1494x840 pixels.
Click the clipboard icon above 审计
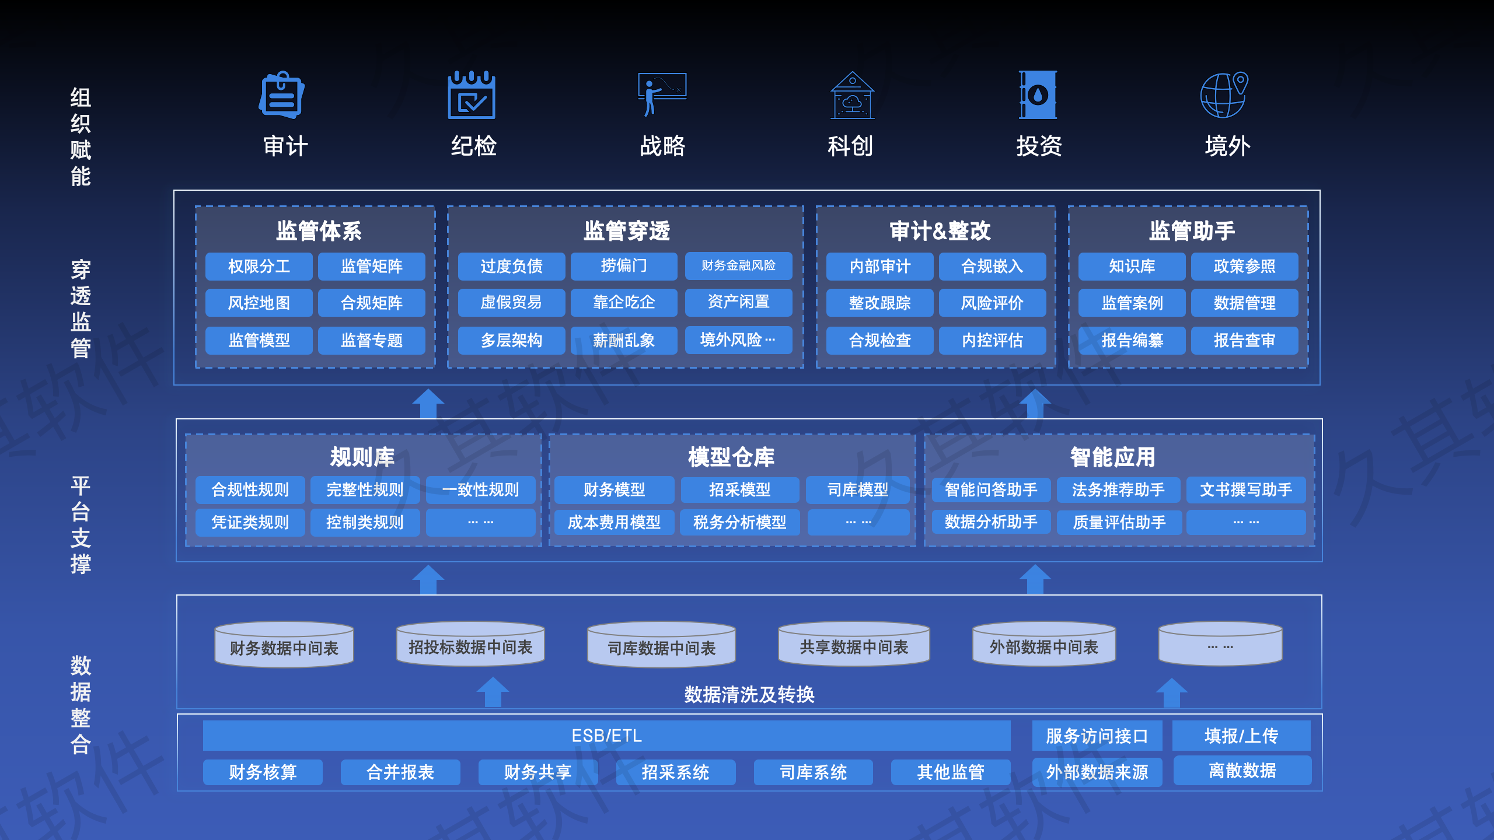click(282, 94)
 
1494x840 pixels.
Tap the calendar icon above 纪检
click(472, 94)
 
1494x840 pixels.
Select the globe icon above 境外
click(1224, 95)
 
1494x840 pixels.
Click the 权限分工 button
click(259, 267)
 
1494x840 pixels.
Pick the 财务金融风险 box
click(738, 266)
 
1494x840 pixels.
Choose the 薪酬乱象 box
click(624, 340)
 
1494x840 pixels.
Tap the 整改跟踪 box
click(879, 303)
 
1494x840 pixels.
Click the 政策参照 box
click(1244, 267)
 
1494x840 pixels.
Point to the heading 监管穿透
click(627, 231)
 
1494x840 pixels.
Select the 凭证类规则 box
click(250, 522)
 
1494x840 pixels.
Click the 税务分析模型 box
click(739, 522)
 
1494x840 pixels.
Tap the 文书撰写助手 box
click(1246, 489)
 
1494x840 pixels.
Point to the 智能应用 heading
click(1112, 457)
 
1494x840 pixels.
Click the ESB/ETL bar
click(606, 736)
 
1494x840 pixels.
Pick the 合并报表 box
click(400, 772)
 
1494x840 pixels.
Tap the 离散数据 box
click(1242, 771)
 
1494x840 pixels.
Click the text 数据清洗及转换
click(749, 694)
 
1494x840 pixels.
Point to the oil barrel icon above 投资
click(1038, 94)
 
